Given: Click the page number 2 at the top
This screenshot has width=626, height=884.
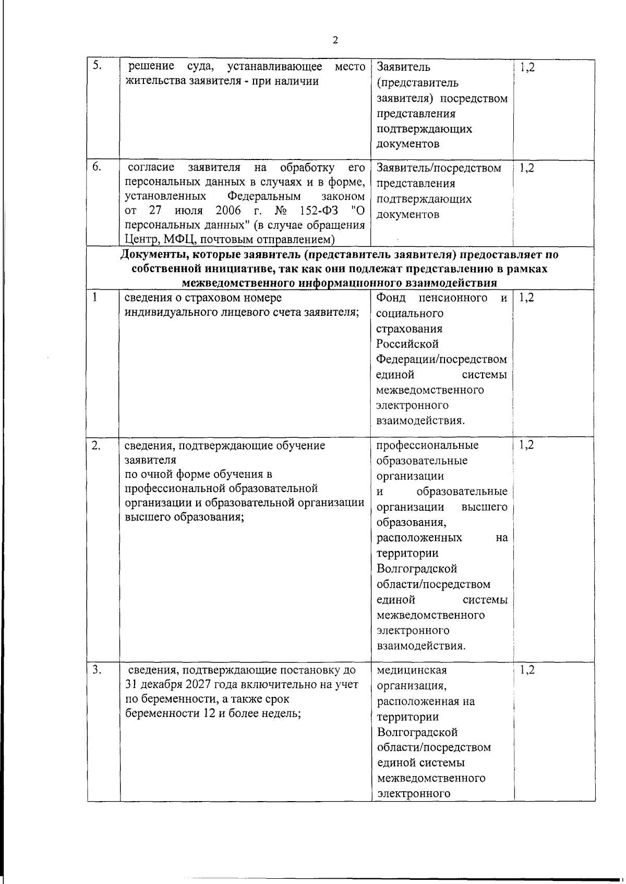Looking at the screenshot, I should click(x=335, y=40).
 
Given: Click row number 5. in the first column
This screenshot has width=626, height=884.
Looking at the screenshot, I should click(x=97, y=65).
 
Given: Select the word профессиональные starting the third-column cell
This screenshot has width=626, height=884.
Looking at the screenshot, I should click(x=427, y=445).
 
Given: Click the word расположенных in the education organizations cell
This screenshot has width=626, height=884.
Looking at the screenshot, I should click(x=418, y=537).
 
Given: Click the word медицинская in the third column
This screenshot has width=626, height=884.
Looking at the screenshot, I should click(x=412, y=670).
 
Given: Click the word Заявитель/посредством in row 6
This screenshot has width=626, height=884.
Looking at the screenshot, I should click(x=439, y=168).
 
